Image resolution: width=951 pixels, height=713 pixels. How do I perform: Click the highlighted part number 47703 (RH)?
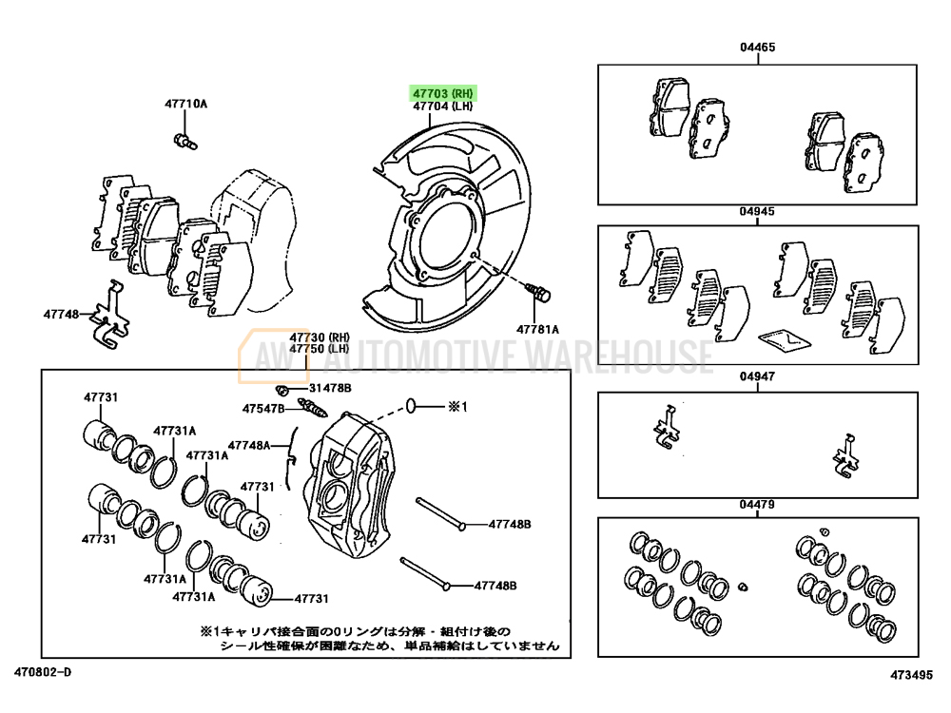[442, 93]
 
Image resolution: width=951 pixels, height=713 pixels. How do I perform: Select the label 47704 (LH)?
[442, 107]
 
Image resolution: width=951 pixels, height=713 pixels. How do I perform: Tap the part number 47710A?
[184, 104]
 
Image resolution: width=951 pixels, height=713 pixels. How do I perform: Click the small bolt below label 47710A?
[184, 143]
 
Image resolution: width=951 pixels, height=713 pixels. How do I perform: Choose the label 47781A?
[538, 329]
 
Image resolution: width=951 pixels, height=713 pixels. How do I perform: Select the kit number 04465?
[758, 47]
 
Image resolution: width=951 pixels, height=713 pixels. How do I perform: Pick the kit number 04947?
[758, 376]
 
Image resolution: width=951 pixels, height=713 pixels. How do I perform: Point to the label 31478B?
[329, 389]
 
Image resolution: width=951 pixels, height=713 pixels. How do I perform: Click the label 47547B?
[262, 409]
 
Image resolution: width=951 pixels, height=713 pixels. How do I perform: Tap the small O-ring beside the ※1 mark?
[411, 407]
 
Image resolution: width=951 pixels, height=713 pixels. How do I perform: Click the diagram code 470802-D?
[43, 674]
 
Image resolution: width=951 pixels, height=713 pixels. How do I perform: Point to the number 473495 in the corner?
[911, 674]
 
